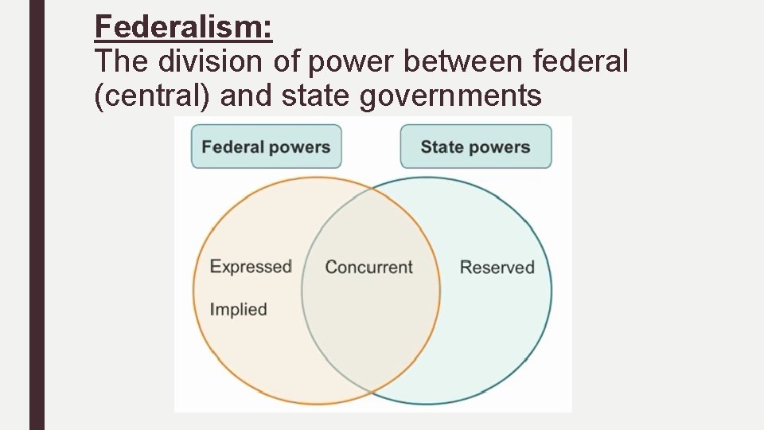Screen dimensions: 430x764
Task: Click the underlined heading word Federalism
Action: click(183, 27)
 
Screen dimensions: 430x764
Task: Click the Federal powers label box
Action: click(266, 147)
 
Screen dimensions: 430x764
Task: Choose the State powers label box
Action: click(475, 147)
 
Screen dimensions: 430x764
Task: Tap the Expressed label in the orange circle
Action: click(251, 266)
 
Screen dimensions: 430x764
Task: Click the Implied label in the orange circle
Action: click(238, 309)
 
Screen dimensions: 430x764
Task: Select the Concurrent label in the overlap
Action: click(368, 268)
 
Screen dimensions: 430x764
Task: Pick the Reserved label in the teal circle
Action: click(497, 268)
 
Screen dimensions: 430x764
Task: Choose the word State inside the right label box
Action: click(442, 147)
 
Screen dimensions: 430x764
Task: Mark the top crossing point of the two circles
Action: click(372, 189)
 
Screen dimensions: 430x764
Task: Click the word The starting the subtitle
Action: click(121, 61)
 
